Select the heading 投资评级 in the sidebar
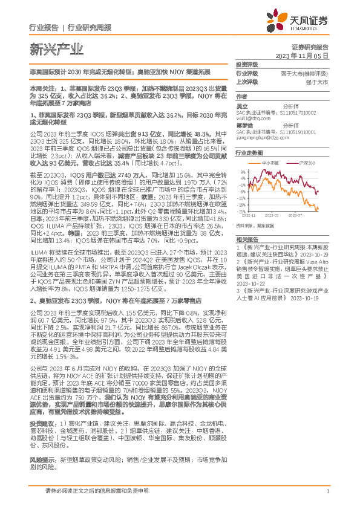coord(246,64)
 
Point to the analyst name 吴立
coord(242,106)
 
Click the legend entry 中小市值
coord(271,163)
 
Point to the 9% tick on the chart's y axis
coord(241,172)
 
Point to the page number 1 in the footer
coord(327,491)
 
